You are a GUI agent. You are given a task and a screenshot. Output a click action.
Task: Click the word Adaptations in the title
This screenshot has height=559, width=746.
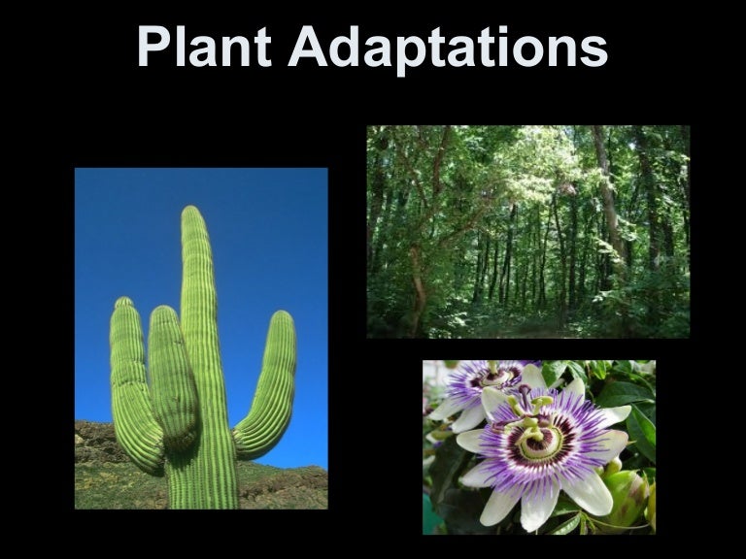click(x=448, y=49)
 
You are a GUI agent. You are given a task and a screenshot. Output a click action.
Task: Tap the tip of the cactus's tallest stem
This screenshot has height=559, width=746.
click(x=193, y=211)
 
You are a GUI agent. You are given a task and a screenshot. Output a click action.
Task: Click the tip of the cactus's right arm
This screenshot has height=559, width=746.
click(x=283, y=317)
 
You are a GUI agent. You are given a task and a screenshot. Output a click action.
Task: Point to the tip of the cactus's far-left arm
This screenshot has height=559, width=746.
click(x=122, y=303)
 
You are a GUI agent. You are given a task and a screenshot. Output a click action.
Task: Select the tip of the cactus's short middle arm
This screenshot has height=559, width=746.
click(x=162, y=312)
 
